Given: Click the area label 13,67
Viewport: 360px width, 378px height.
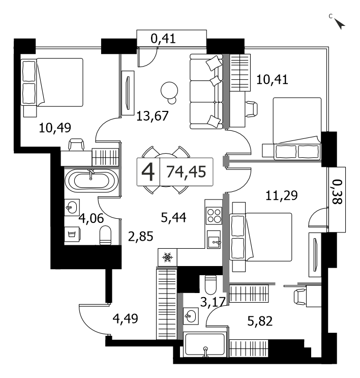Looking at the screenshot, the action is tap(153, 116).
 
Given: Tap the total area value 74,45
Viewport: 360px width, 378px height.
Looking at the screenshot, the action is tap(186, 172).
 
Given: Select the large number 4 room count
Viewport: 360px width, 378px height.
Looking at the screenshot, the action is tap(148, 172).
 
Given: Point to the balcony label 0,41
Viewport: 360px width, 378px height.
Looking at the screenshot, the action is tap(163, 38).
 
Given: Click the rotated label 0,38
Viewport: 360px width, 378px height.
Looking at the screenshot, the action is tap(337, 192).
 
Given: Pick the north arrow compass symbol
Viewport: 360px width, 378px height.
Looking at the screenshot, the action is tap(340, 23).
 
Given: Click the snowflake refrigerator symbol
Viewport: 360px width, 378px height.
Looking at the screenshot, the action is tap(167, 257).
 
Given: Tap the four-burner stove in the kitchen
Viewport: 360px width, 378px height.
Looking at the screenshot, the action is tap(214, 216).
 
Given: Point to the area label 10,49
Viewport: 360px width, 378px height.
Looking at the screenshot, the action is tap(55, 128).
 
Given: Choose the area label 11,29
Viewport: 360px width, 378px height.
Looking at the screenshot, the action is tap(282, 195).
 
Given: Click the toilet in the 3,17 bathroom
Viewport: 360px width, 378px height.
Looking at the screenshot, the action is tap(211, 284).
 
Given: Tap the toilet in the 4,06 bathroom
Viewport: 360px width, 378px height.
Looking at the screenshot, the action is tap(105, 235).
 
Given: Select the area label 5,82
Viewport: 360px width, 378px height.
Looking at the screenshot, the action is tap(260, 321).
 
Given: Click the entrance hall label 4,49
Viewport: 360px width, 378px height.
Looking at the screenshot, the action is tap(125, 318).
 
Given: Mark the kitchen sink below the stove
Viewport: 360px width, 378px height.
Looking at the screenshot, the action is tap(214, 240).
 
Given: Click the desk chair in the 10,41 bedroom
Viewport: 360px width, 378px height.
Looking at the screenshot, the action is tap(251, 109).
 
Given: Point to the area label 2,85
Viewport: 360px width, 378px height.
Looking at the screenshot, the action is tap(140, 237).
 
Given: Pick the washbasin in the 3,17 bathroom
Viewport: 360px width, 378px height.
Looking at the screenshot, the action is tap(191, 316).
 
